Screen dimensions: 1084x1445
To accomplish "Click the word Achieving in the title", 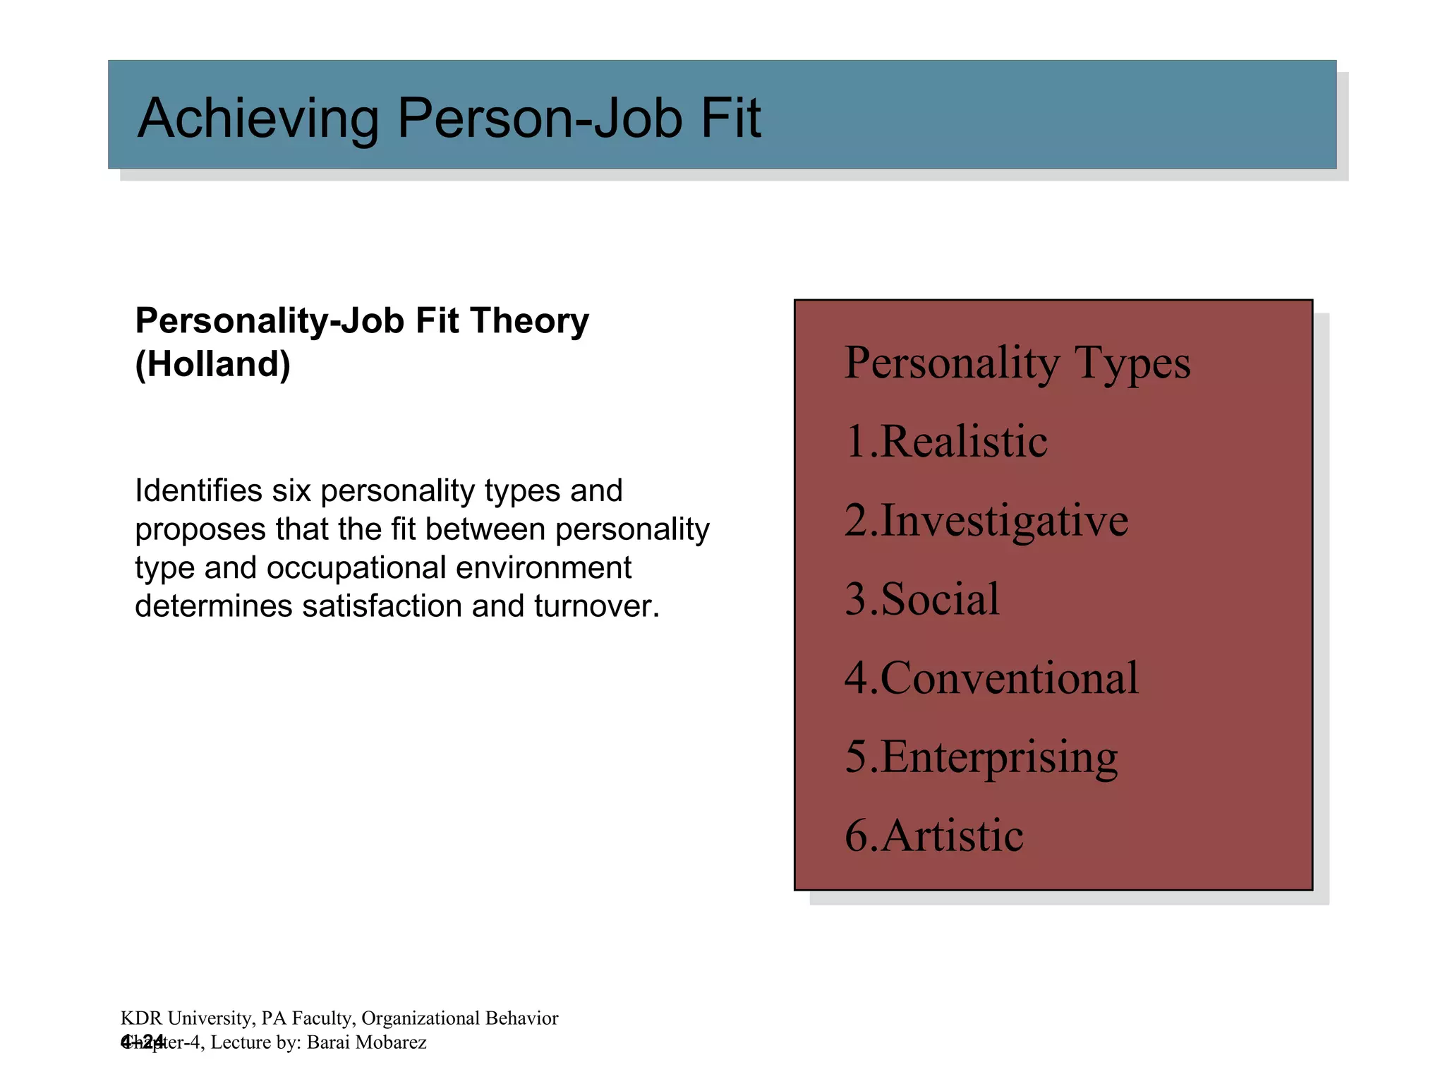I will tap(258, 118).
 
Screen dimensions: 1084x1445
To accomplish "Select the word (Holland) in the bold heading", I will tap(212, 364).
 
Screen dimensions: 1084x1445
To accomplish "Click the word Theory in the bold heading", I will tap(529, 321).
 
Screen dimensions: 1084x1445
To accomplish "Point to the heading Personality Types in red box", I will tap(1017, 363).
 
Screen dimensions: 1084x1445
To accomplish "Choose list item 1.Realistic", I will tap(945, 442).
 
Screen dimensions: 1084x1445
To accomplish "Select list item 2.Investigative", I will tap(986, 521).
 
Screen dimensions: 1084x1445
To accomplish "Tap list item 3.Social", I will tap(921, 599).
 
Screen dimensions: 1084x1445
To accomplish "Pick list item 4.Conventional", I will tap(991, 678).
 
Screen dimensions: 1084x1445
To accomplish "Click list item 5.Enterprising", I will tap(981, 757).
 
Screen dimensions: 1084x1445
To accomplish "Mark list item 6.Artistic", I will tap(933, 836).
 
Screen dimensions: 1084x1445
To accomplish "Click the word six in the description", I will tap(291, 490).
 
